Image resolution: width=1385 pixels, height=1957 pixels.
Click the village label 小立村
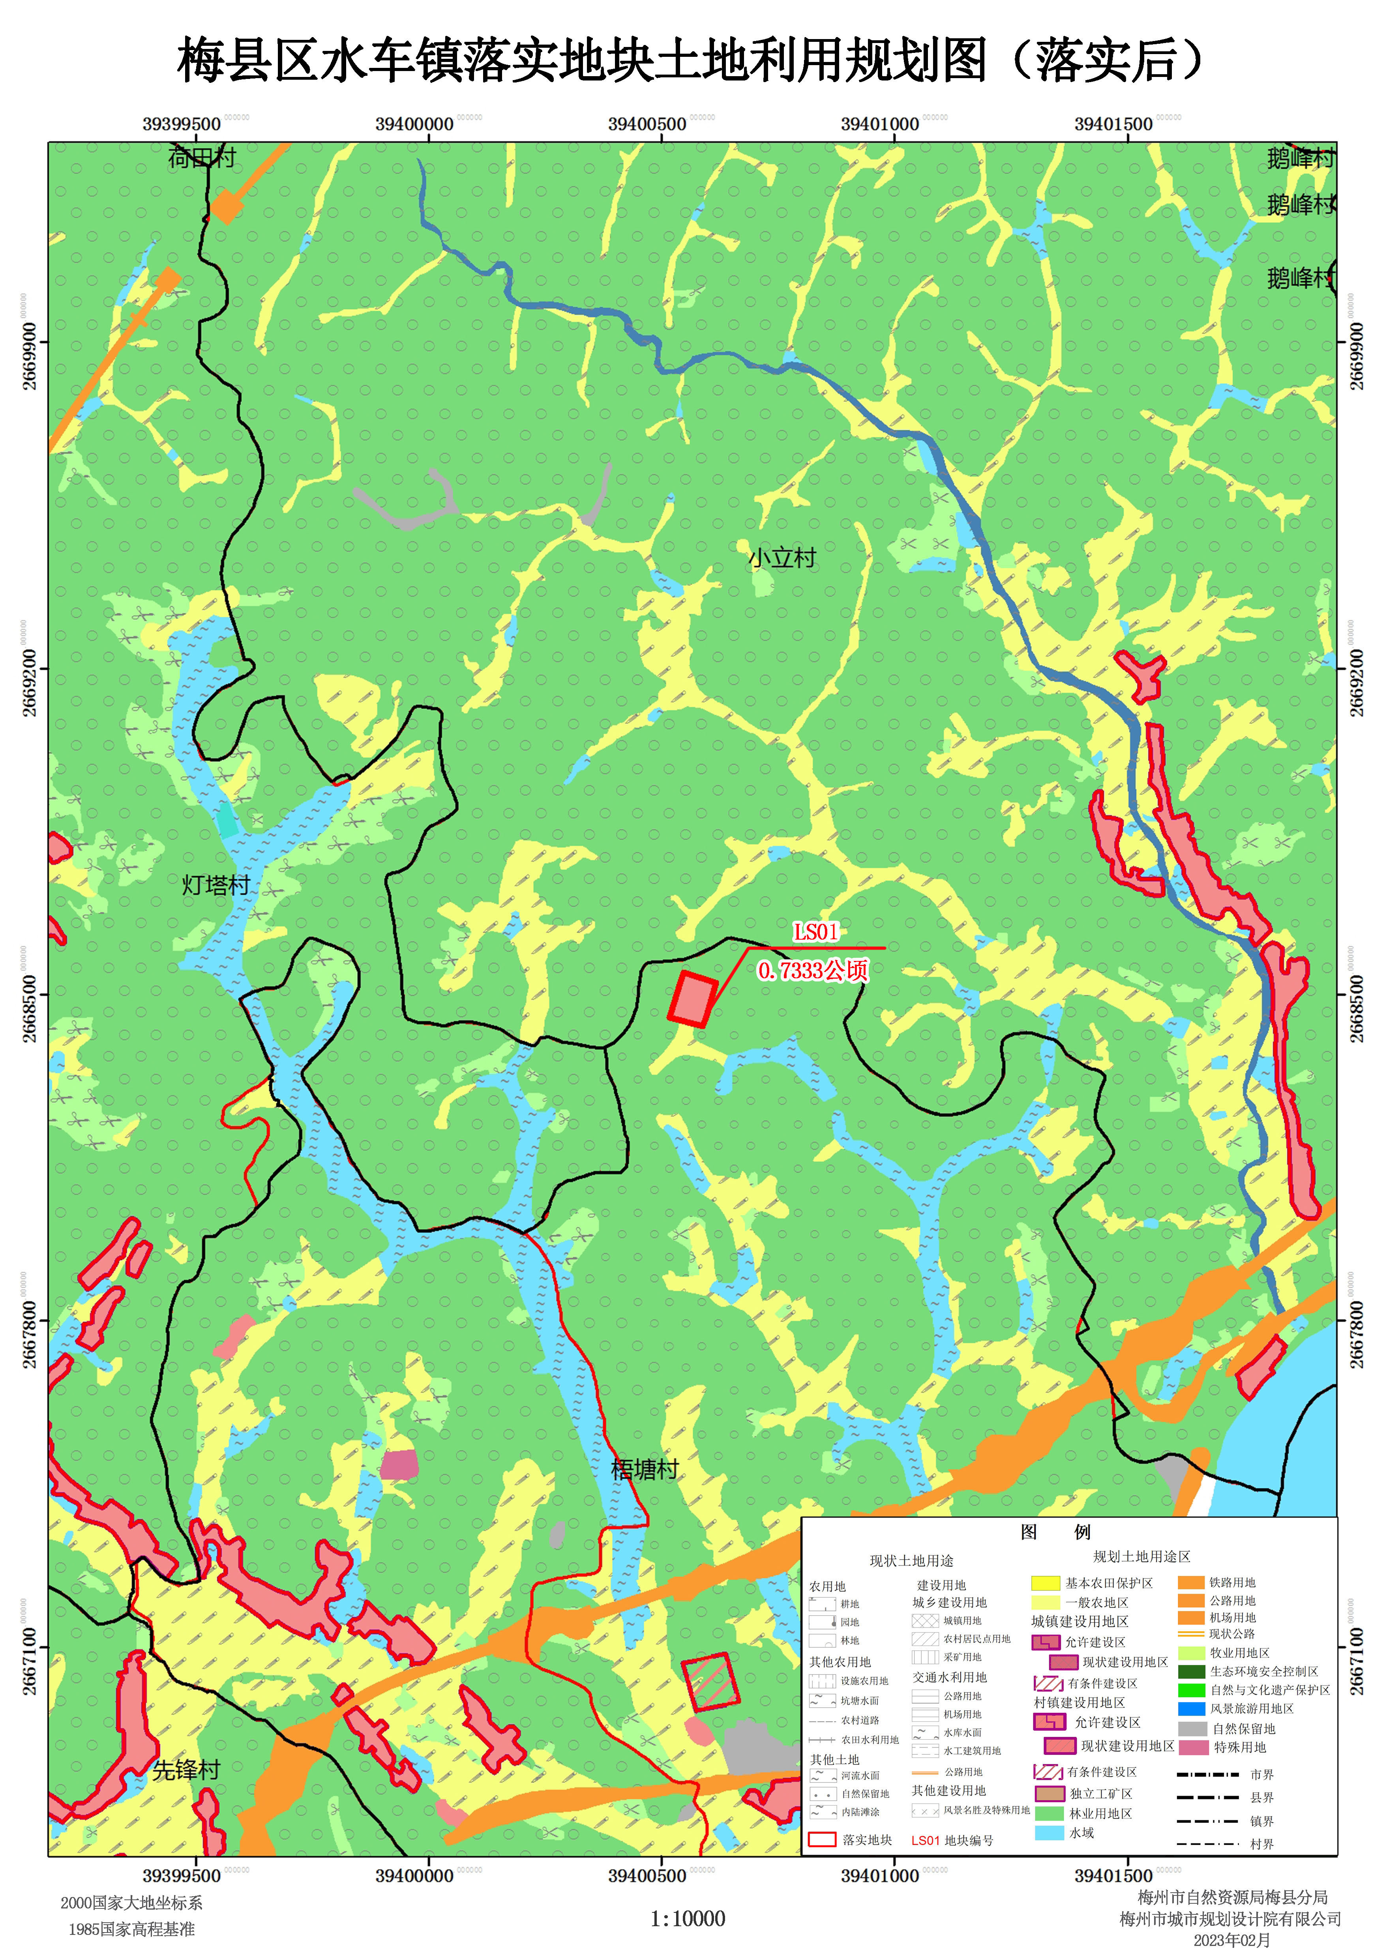[782, 558]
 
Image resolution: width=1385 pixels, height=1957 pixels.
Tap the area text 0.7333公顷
[813, 970]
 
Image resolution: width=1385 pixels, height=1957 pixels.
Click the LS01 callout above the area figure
[816, 932]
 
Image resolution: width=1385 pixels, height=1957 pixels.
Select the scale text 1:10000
[688, 1919]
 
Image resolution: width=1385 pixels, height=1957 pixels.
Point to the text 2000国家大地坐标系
[131, 1903]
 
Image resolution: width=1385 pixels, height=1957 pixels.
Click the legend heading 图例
[1056, 1532]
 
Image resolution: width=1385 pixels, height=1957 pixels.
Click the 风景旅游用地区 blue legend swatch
[1192, 1709]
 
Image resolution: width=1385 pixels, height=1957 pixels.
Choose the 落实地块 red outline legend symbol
[821, 1839]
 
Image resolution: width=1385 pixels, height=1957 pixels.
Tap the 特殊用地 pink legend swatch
[1192, 1747]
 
